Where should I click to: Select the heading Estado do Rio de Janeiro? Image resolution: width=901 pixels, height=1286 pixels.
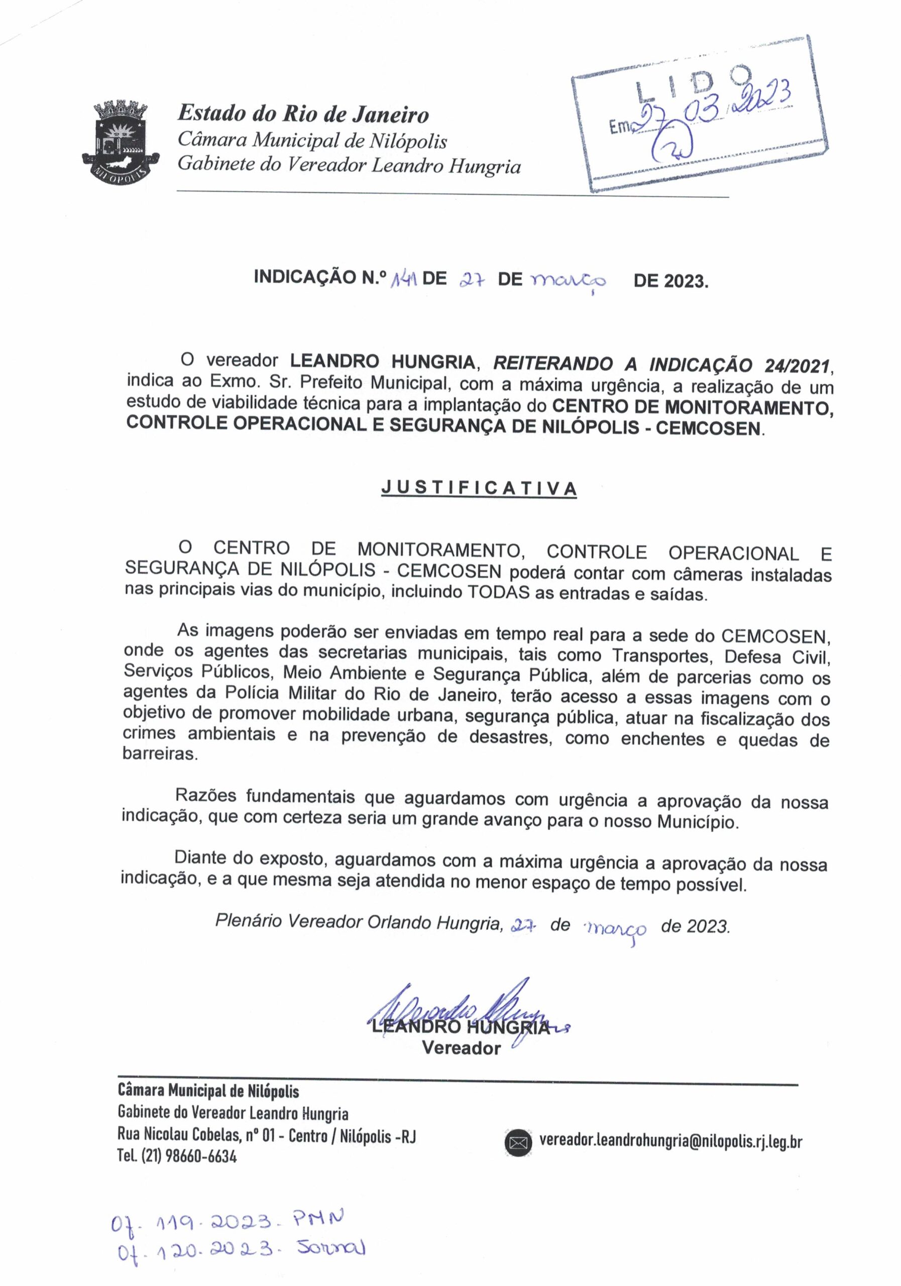coord(303,115)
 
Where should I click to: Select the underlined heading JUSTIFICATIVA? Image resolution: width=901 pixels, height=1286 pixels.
coord(479,488)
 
